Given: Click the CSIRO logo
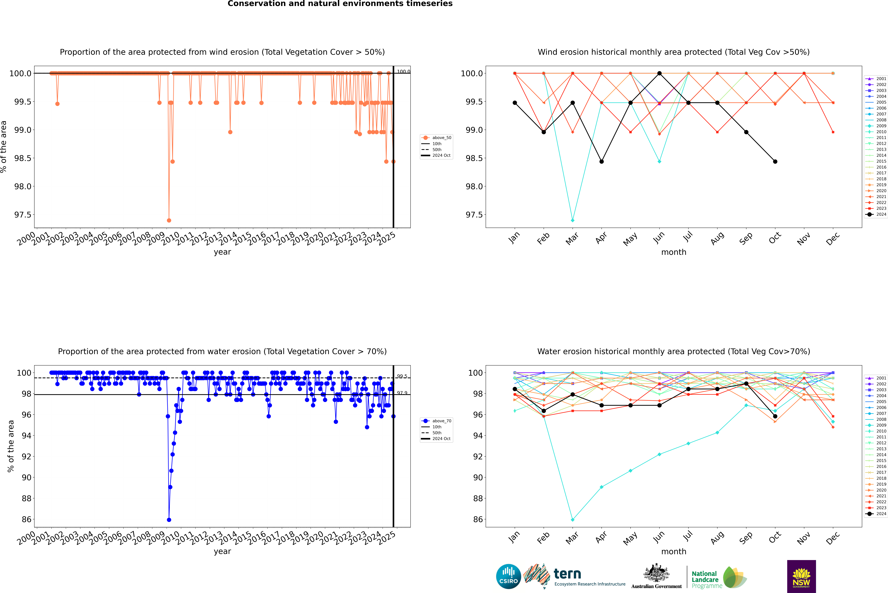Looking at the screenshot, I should tap(508, 576).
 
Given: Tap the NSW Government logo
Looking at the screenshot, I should tap(801, 576).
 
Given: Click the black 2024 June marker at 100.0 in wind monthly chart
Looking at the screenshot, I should tap(659, 73).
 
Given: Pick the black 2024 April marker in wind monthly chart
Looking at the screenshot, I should tap(601, 162).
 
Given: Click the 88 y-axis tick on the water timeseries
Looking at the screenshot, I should tap(26, 498).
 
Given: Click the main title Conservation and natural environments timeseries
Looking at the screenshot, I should tap(340, 4).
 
